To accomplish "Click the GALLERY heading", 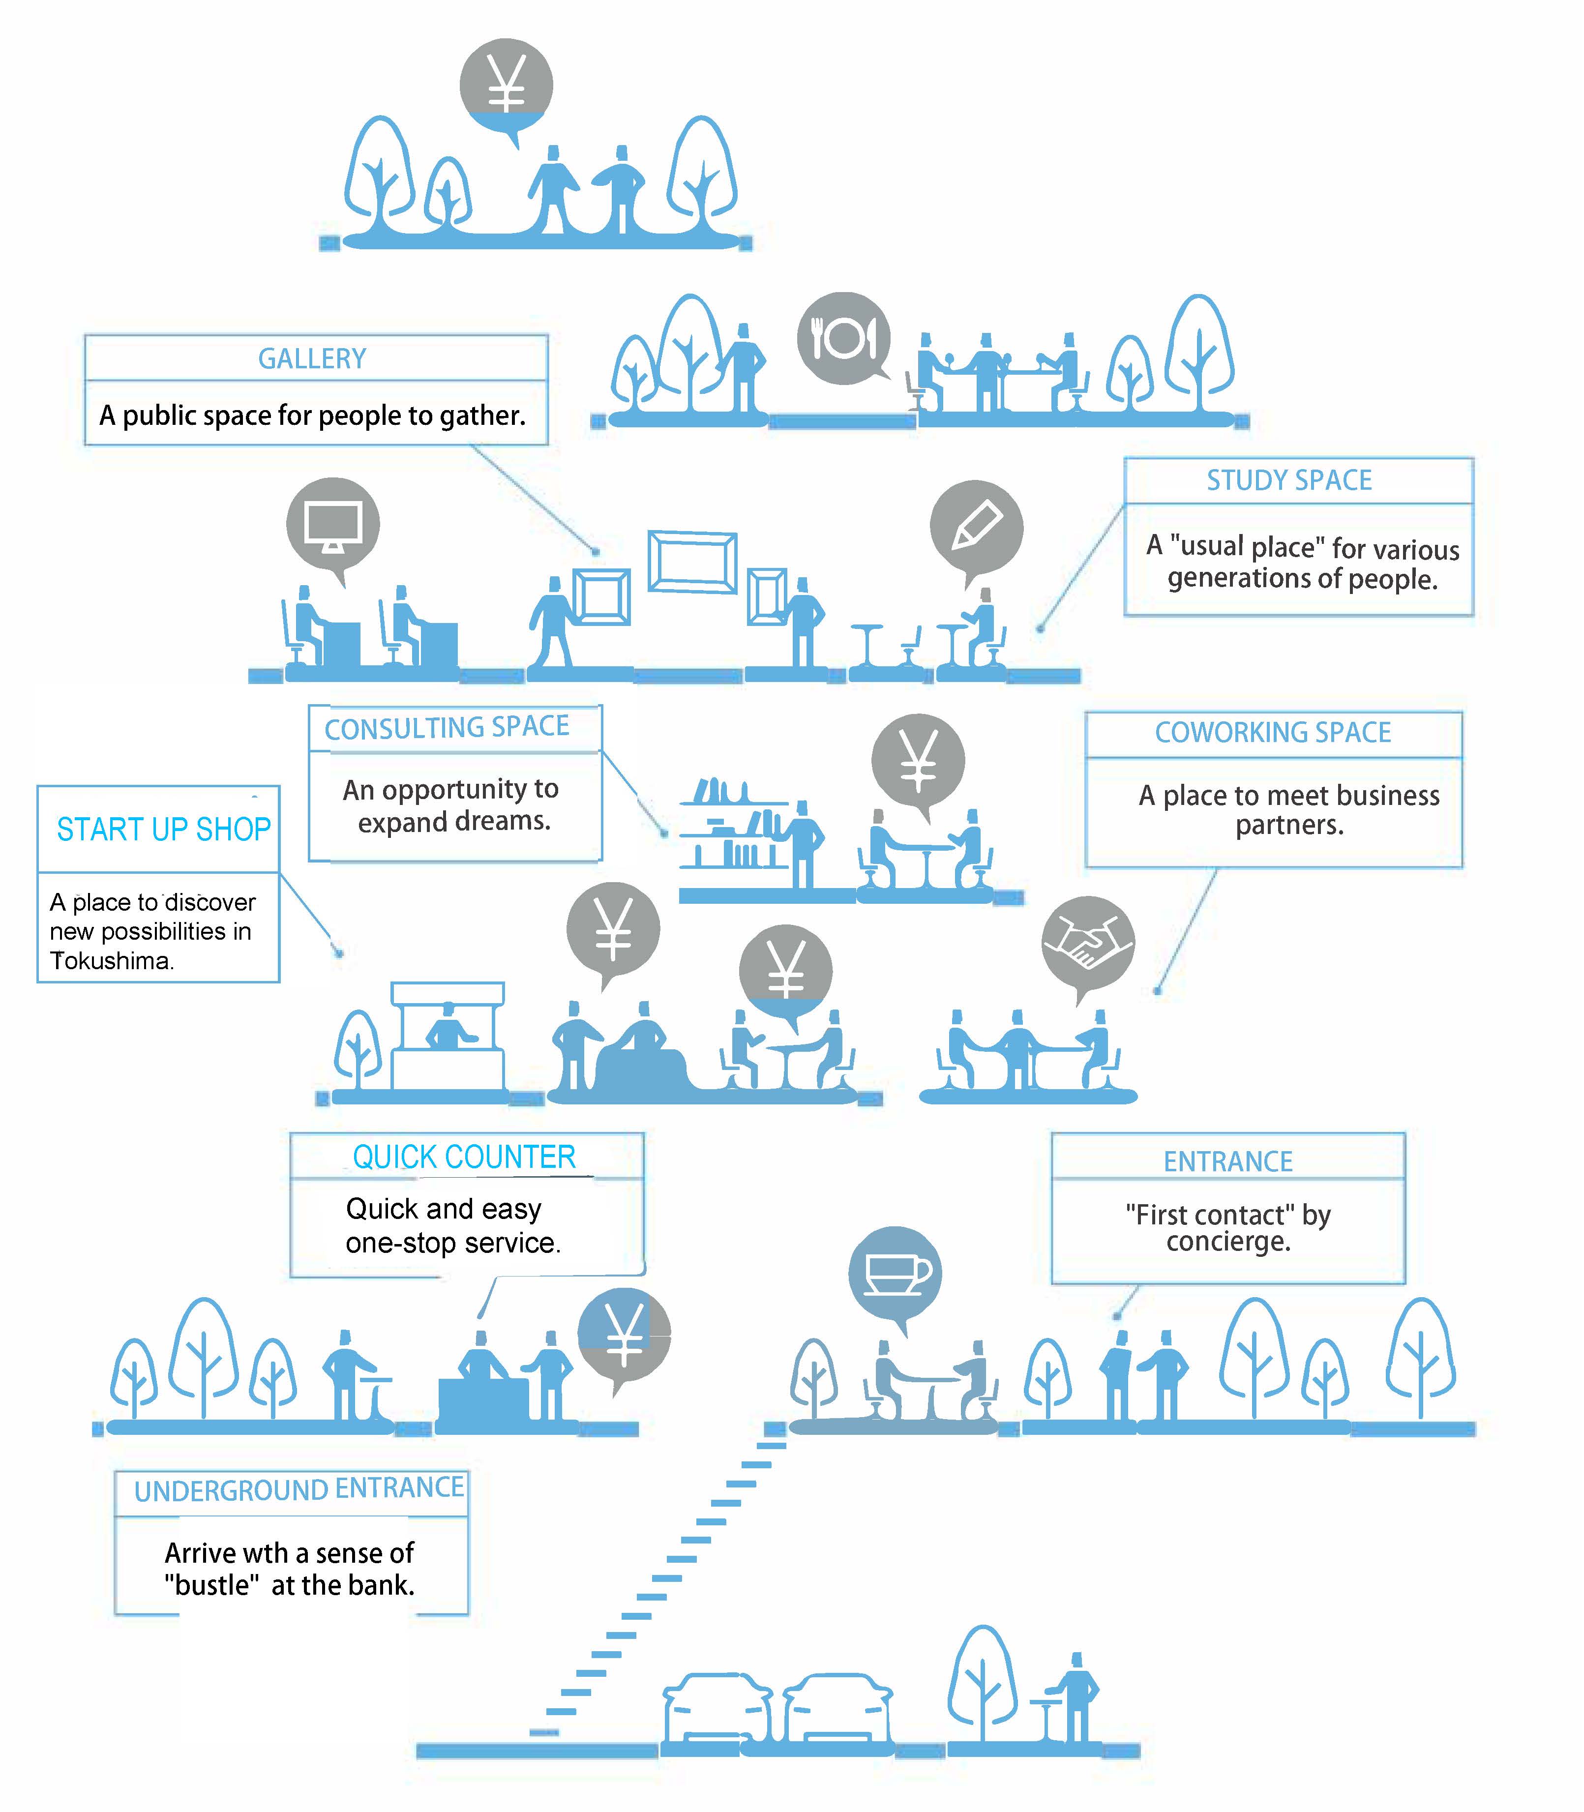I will point(312,359).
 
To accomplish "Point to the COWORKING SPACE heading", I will point(1273,733).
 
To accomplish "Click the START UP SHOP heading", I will point(164,830).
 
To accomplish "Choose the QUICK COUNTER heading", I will point(464,1157).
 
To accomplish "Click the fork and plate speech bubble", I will point(843,338).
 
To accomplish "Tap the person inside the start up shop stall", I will point(448,1027).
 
